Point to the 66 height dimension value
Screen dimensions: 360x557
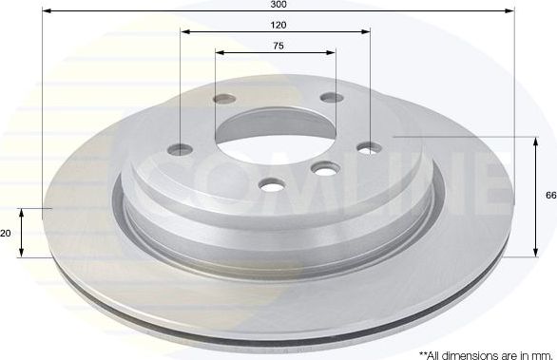[549, 196]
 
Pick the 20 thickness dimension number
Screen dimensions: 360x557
[5, 232]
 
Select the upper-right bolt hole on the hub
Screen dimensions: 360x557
[329, 98]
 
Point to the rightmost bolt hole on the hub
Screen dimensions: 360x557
[369, 147]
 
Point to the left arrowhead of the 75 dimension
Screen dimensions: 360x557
[218, 52]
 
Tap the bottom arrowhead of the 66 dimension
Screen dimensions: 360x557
[530, 254]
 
